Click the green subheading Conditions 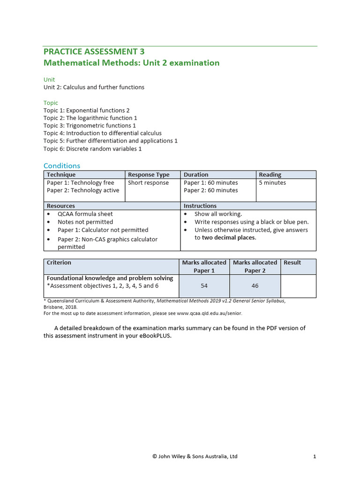[62, 165]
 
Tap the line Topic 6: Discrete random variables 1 [92, 149]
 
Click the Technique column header [61, 175]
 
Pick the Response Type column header [149, 175]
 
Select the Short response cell [148, 183]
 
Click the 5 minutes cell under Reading [272, 183]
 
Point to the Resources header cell [61, 206]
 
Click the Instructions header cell [200, 206]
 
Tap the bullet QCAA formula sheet [85, 214]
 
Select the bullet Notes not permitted [85, 222]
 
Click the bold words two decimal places [229, 238]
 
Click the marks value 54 [204, 285]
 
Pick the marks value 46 [255, 285]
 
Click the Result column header [292, 262]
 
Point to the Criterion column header [59, 262]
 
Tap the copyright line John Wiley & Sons [195, 456]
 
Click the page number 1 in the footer [315, 456]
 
